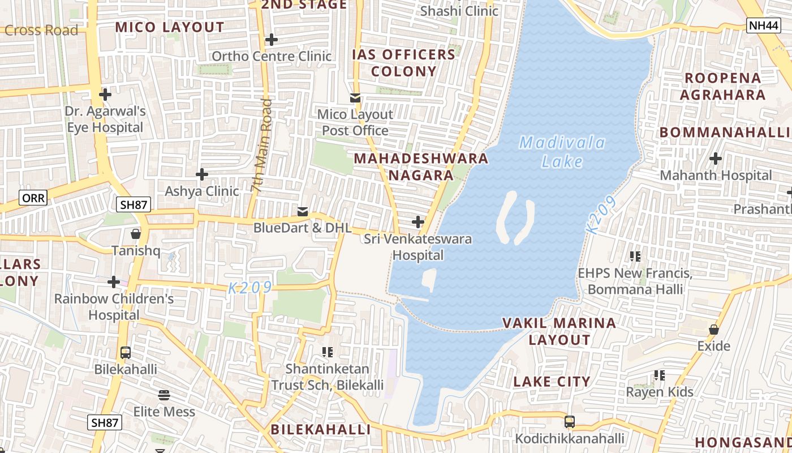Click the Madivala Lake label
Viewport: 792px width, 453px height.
[562, 152]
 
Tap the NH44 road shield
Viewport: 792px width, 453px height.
[763, 25]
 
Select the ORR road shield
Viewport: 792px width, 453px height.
[33, 198]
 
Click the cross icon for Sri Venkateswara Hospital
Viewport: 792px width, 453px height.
[418, 222]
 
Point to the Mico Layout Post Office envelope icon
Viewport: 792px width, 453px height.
[355, 98]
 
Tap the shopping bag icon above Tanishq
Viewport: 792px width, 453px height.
[135, 233]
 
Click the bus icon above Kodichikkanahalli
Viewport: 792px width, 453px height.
[570, 422]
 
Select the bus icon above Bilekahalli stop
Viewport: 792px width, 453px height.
[126, 353]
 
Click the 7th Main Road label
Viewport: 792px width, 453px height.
[262, 147]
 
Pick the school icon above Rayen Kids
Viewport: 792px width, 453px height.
[659, 375]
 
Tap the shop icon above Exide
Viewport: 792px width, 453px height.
[714, 329]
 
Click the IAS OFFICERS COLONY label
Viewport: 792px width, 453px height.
[403, 63]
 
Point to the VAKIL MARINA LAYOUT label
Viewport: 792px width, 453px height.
[559, 331]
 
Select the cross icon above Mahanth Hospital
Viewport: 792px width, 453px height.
[716, 159]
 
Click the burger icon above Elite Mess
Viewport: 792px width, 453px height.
[164, 395]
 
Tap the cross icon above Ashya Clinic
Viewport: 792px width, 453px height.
[202, 174]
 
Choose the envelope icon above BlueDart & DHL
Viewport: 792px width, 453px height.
[303, 212]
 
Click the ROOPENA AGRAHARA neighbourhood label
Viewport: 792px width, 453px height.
[722, 86]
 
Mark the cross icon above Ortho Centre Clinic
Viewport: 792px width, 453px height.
[272, 40]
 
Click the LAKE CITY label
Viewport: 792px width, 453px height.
[552, 382]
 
